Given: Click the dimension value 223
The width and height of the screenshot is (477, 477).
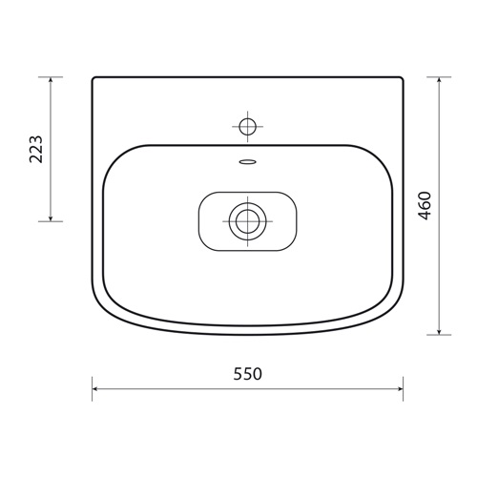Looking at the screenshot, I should (36, 149).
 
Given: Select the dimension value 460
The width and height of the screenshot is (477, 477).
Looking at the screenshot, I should (425, 207).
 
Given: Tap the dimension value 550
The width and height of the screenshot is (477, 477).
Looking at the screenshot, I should (247, 374).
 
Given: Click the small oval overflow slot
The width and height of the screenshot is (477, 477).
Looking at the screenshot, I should (248, 161).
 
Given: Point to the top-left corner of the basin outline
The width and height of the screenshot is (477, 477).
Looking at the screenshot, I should (94, 79).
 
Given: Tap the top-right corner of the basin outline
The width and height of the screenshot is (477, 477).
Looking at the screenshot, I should (402, 79).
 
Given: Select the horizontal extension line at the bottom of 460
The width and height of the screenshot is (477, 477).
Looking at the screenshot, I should (439, 335).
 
